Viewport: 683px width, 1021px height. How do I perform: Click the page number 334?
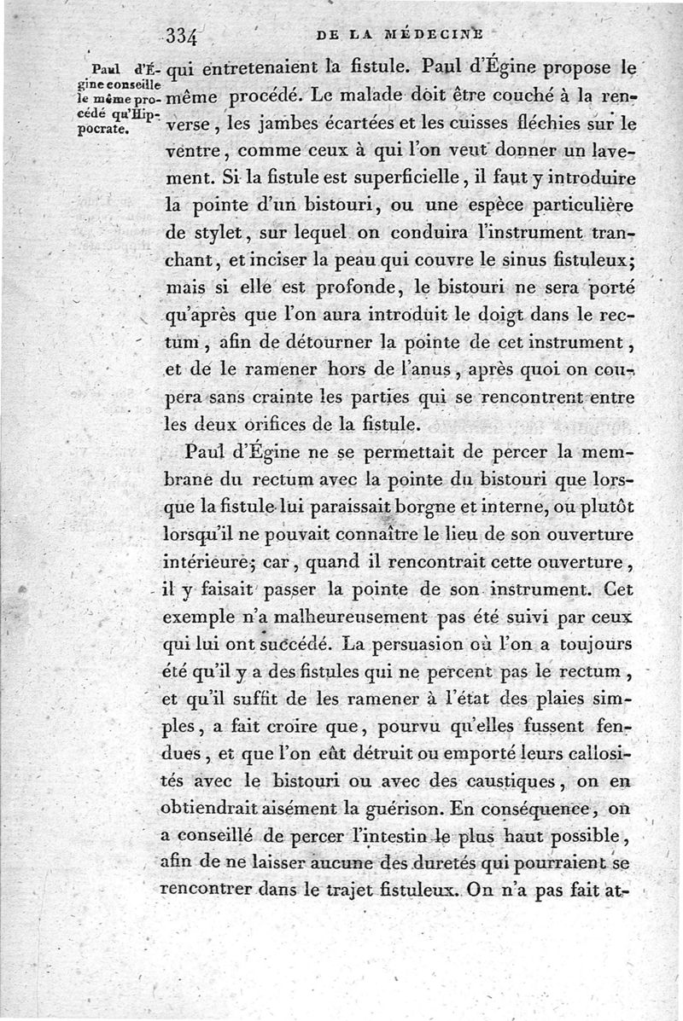(183, 37)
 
